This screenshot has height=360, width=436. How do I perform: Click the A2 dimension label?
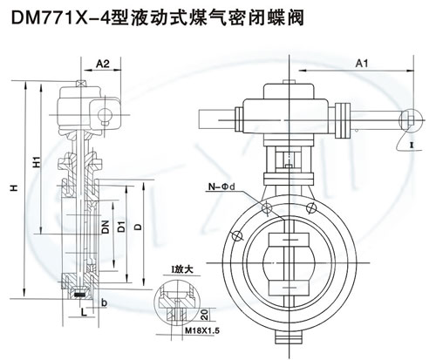[103, 64]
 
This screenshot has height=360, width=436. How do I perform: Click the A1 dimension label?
[362, 64]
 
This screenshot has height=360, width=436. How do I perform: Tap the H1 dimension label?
[37, 161]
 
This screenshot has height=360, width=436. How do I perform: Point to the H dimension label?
[15, 188]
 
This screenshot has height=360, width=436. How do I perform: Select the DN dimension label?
[106, 227]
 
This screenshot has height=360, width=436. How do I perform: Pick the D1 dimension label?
[121, 227]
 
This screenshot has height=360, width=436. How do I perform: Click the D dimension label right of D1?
[139, 227]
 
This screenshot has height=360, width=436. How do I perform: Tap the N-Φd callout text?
[222, 187]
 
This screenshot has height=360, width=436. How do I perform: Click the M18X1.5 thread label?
[202, 330]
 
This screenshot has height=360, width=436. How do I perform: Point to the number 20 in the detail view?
[205, 315]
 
